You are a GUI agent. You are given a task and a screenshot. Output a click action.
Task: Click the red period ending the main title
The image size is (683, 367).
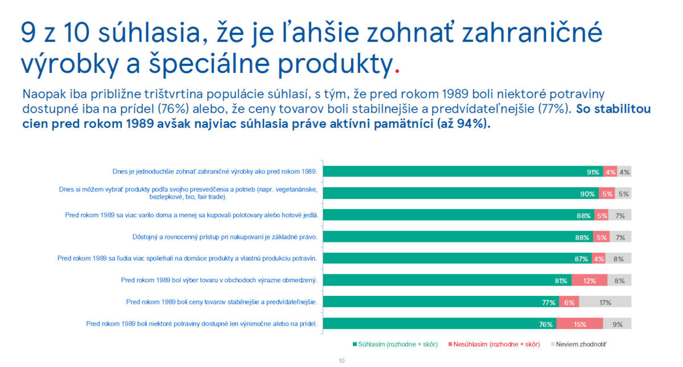(x=397, y=73)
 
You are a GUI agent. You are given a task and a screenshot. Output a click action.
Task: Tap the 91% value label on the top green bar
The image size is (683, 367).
(x=593, y=172)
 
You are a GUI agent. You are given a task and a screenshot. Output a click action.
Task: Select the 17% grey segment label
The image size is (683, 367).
(x=605, y=303)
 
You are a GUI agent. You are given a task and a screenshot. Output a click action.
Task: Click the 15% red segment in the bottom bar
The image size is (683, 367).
(x=580, y=324)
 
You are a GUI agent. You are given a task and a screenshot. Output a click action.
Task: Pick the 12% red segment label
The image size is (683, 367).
(x=590, y=281)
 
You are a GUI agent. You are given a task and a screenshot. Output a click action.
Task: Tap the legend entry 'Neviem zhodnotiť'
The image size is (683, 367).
(x=582, y=344)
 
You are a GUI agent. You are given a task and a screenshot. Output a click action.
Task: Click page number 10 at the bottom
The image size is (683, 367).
(x=341, y=361)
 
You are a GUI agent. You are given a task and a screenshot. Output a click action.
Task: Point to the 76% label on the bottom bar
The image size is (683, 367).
(x=546, y=324)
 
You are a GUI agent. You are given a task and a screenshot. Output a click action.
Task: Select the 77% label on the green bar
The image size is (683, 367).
(x=549, y=303)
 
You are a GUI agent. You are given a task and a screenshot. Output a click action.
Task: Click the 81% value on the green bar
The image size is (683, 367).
(x=561, y=281)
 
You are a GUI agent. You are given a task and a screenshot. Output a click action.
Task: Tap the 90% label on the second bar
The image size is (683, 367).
(x=587, y=194)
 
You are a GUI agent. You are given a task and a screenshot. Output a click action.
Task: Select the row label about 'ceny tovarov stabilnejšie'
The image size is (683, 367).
(x=221, y=302)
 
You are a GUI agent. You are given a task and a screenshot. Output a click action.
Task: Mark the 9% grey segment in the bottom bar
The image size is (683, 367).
(x=618, y=324)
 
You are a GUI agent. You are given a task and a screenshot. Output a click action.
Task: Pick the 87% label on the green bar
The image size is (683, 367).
(x=581, y=259)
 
